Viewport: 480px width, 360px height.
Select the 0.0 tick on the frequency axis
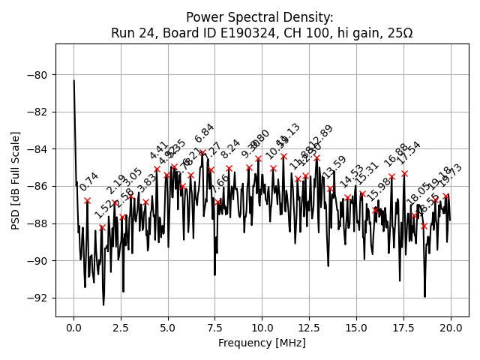click(x=73, y=328)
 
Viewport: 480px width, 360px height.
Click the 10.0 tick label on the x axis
click(x=262, y=328)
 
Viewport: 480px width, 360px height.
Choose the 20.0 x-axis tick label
click(x=450, y=328)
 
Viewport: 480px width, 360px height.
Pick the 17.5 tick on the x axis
click(x=403, y=328)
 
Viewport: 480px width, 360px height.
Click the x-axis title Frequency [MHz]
click(x=262, y=343)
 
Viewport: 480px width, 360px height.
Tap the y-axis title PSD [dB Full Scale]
click(x=16, y=180)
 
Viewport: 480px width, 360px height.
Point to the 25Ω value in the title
click(x=397, y=33)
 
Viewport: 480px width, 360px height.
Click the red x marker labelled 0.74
click(x=88, y=200)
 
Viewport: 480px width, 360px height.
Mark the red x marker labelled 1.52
click(x=102, y=227)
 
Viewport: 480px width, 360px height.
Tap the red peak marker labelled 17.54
click(x=404, y=173)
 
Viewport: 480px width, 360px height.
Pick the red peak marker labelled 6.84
click(x=202, y=152)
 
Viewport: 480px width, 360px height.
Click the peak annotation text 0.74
click(x=89, y=181)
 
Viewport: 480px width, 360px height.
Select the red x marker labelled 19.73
click(x=445, y=196)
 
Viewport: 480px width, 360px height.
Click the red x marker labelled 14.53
click(x=347, y=198)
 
